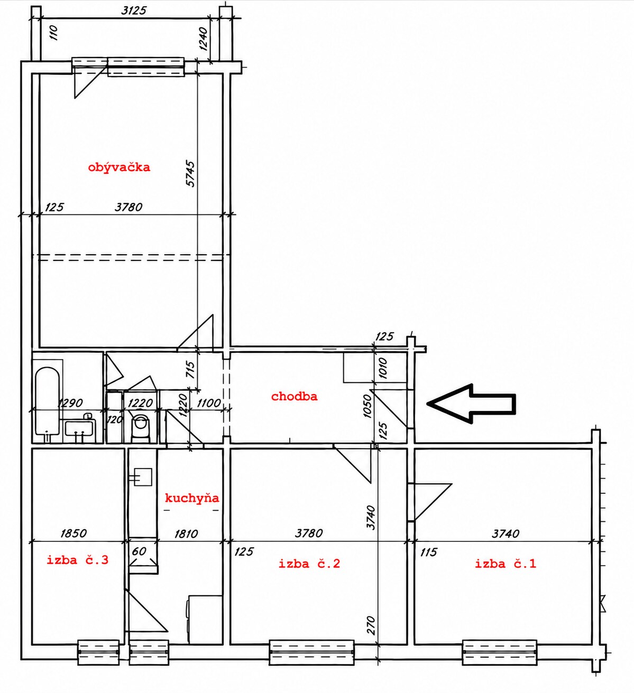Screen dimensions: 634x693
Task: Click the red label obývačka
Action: coord(119,167)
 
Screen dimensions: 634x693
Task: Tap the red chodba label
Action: coord(294,396)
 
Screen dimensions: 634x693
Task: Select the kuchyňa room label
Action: coord(192,498)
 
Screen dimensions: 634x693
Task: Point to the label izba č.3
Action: coord(78,560)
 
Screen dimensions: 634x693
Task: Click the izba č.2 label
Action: coord(309,564)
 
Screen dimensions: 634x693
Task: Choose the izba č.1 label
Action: coord(506,564)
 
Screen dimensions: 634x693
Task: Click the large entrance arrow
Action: coord(472,404)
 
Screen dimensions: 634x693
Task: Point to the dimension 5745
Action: coord(190,173)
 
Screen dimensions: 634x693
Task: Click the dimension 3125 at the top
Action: coord(134,11)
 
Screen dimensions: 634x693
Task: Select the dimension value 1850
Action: coord(73,533)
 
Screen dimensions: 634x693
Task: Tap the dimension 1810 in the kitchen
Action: coord(186,533)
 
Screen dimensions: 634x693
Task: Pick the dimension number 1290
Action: coord(70,403)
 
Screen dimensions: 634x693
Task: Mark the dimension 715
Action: coord(190,369)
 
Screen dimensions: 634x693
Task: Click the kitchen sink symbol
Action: coord(142,477)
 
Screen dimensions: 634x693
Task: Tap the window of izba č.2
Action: coord(311,652)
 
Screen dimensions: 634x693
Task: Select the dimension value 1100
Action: coord(209,403)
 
